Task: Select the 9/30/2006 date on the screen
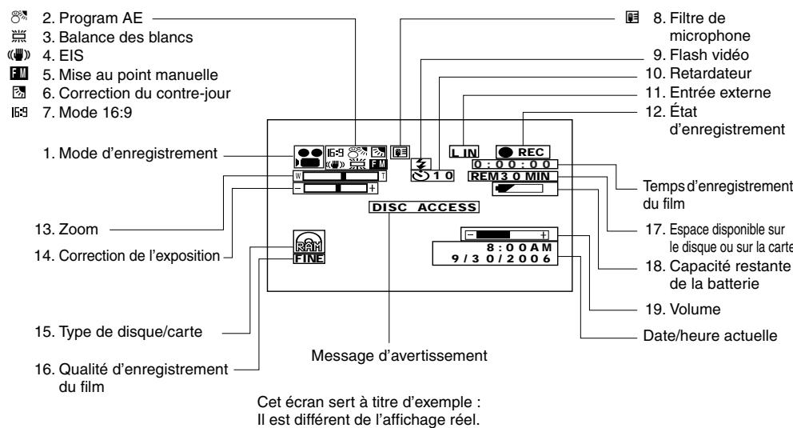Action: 512,259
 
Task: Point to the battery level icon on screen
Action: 519,189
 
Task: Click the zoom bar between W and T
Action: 338,176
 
